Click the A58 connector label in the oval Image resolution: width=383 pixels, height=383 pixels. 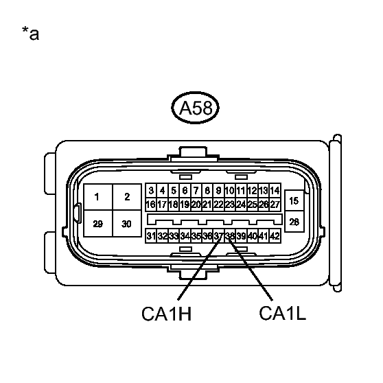coord(196,108)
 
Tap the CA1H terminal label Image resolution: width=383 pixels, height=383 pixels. coord(167,314)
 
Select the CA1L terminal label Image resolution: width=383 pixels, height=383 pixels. coord(282,313)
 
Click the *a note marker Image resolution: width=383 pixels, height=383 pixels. coord(30,34)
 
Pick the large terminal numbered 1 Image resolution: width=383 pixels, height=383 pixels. coord(98,197)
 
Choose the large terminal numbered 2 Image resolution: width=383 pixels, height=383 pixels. coord(127,197)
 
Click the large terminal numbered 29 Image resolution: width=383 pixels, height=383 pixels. coord(98,224)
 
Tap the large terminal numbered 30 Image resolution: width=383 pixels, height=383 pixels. coord(127,224)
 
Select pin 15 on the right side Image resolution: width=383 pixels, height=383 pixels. coord(294,201)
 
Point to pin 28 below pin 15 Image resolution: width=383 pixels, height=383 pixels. coord(294,222)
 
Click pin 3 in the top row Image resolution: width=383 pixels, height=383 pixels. coord(151,190)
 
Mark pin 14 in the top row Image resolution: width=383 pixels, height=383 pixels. coord(275,190)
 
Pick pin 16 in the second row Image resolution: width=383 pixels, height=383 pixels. coord(151,205)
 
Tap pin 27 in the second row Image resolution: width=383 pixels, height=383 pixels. coord(275,205)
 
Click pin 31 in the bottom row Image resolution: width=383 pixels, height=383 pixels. coord(151,236)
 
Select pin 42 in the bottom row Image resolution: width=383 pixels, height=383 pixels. coord(275,236)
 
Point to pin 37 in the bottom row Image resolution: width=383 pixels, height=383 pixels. coord(219,236)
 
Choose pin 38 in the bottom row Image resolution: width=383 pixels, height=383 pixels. coord(230,236)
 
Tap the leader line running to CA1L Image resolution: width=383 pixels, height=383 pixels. coord(250,268)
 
